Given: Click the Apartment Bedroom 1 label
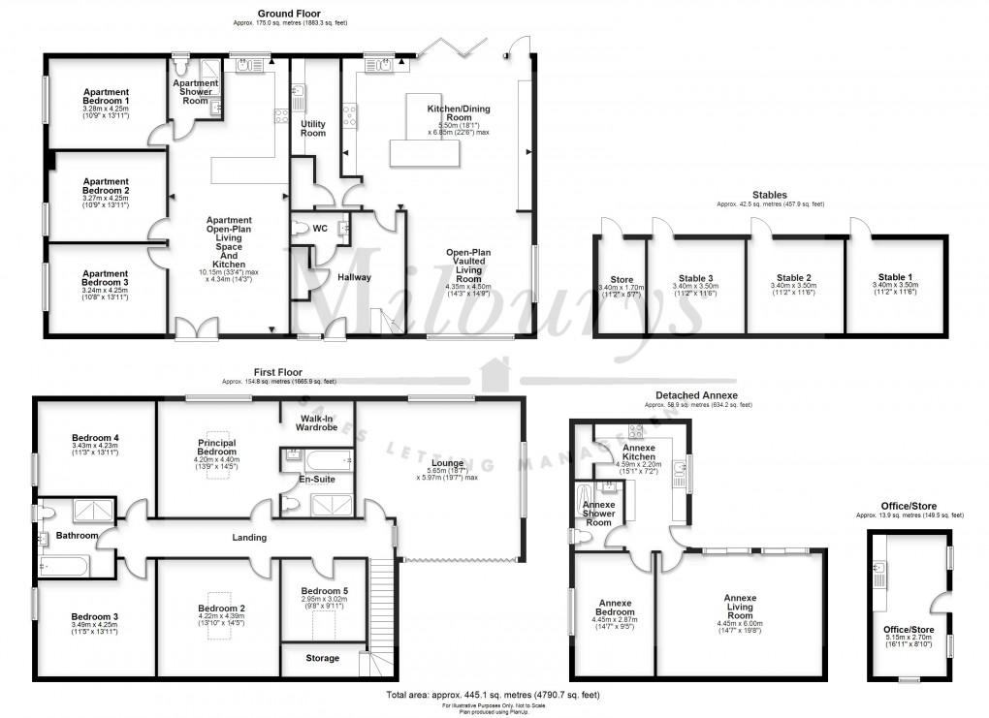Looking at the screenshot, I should [x=107, y=96].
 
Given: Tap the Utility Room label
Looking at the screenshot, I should [x=313, y=128].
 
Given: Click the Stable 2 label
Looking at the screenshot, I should [x=793, y=276].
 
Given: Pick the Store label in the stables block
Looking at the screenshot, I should [x=622, y=280].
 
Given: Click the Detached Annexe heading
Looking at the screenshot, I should [x=697, y=395].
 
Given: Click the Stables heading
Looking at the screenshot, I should [x=769, y=195].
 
